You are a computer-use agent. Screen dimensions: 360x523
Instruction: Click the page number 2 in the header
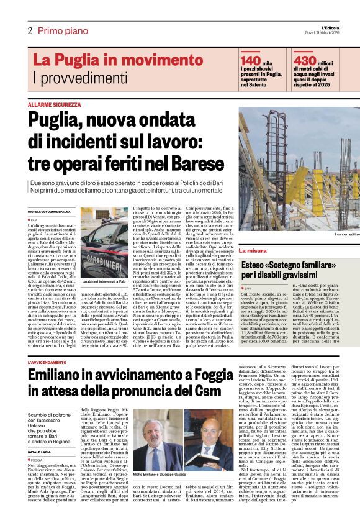tap(29, 30)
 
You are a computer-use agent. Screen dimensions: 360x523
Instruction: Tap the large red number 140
tap(250, 60)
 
